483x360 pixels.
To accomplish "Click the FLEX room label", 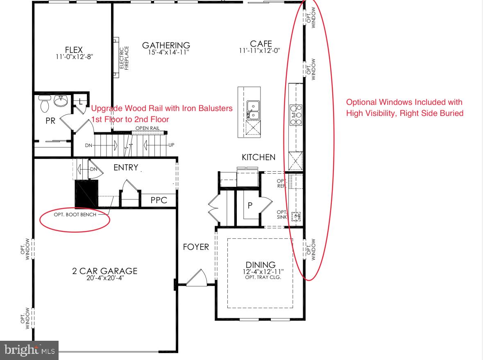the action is [x=74, y=50].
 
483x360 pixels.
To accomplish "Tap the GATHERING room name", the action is [x=166, y=45].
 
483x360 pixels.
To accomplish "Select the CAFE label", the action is [x=261, y=44].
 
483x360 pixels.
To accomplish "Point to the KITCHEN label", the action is [x=259, y=157].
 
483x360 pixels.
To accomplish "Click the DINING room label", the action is [x=261, y=265].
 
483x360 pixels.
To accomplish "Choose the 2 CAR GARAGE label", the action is [x=105, y=271].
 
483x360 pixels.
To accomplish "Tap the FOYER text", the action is [x=196, y=247].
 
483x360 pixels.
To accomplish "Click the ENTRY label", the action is [x=126, y=168].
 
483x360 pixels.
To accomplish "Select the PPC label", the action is [x=159, y=200].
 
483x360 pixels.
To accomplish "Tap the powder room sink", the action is [x=61, y=101].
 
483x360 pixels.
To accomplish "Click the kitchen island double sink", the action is [x=253, y=110].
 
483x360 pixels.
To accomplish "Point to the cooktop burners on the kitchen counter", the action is [x=296, y=115].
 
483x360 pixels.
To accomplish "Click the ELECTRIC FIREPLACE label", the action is [x=124, y=58].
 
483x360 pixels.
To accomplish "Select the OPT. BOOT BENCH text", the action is [x=75, y=215].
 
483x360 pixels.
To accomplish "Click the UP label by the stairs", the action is [x=171, y=145].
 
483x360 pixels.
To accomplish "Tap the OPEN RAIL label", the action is [x=147, y=128].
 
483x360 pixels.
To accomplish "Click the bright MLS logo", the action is [x=29, y=350].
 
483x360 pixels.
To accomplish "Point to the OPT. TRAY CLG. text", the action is [x=263, y=277].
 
